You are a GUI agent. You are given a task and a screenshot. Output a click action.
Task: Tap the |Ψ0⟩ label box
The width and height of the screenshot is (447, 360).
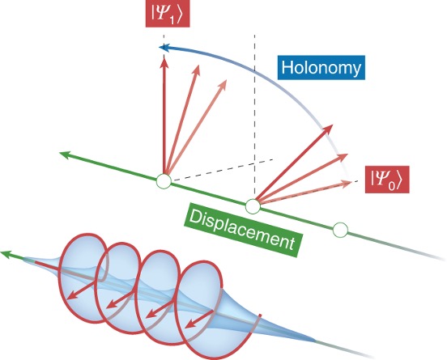[x=387, y=180]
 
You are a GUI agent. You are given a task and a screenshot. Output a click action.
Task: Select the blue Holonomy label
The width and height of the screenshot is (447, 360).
[x=321, y=67]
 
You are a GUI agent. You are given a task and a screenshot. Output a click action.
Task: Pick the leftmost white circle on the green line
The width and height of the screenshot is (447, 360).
[x=164, y=180]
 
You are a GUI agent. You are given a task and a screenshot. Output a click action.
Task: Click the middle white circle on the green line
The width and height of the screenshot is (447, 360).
[x=253, y=206]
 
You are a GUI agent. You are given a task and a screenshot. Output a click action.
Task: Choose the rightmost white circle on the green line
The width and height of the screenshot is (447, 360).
[x=340, y=230]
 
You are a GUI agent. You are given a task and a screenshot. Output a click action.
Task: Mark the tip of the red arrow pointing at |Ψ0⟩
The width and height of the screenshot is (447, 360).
[x=351, y=182]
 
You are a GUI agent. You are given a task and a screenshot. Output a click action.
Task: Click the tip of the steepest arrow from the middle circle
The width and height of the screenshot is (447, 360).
[x=333, y=125]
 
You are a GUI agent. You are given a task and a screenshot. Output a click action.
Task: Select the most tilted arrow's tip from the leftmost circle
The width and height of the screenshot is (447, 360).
[x=227, y=80]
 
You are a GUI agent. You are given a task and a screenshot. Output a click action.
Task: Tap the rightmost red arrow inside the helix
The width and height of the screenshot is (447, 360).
[x=199, y=319]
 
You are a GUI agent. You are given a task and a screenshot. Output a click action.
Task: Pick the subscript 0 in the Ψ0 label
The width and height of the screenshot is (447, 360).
[x=392, y=186]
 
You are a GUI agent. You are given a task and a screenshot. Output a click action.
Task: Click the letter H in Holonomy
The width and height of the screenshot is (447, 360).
[x=287, y=67]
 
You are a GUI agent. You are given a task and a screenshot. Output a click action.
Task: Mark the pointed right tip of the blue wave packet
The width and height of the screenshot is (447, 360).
[x=315, y=340]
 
